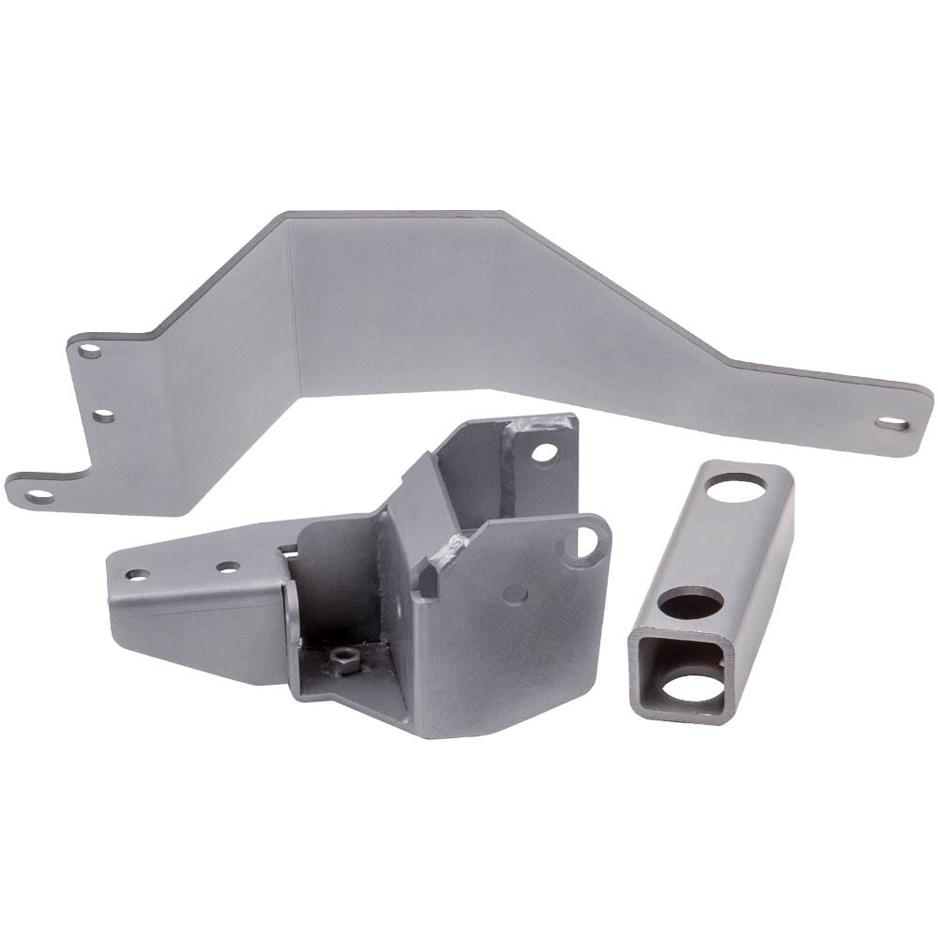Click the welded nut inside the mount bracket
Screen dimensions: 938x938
click(343, 661)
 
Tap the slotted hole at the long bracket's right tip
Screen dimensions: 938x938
click(892, 424)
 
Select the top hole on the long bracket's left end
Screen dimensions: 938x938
click(90, 351)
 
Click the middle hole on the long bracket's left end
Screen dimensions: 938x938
click(104, 415)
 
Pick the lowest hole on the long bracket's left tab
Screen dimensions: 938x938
click(39, 495)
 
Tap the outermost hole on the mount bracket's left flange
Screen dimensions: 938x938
click(138, 574)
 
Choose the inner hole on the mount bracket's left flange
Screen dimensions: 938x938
click(227, 567)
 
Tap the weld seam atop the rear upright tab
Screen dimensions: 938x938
click(535, 424)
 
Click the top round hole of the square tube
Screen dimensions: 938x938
click(735, 488)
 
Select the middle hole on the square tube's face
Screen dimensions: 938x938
click(691, 602)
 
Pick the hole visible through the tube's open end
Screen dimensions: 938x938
click(694, 688)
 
